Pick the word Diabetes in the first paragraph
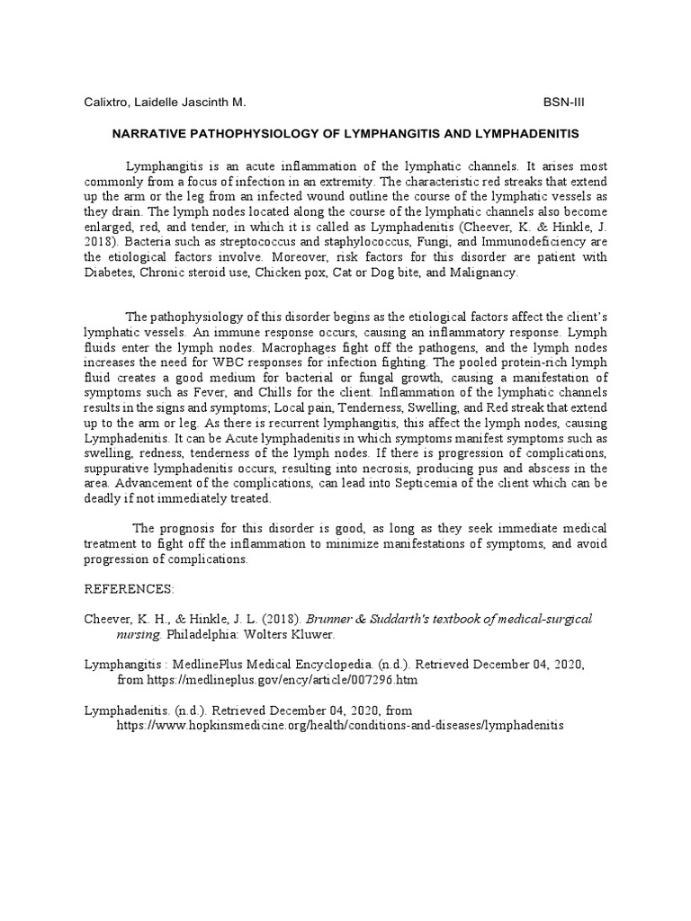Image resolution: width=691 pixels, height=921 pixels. pos(110,273)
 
